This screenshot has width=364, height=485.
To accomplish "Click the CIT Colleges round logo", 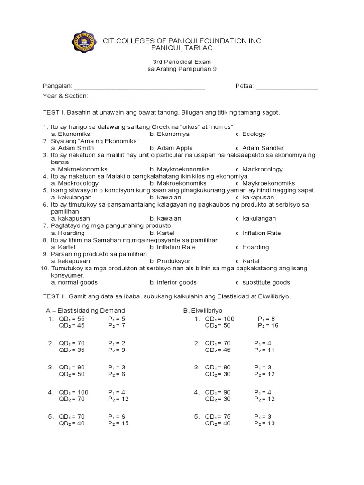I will point(84,45).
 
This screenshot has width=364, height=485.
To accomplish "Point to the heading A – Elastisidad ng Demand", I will point(85,310).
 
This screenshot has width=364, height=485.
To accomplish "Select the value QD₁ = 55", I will point(72,319).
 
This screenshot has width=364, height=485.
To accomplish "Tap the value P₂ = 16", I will point(268,326).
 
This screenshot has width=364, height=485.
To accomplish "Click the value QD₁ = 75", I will point(218,416).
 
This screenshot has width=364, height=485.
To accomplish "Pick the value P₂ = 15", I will point(118,423).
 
